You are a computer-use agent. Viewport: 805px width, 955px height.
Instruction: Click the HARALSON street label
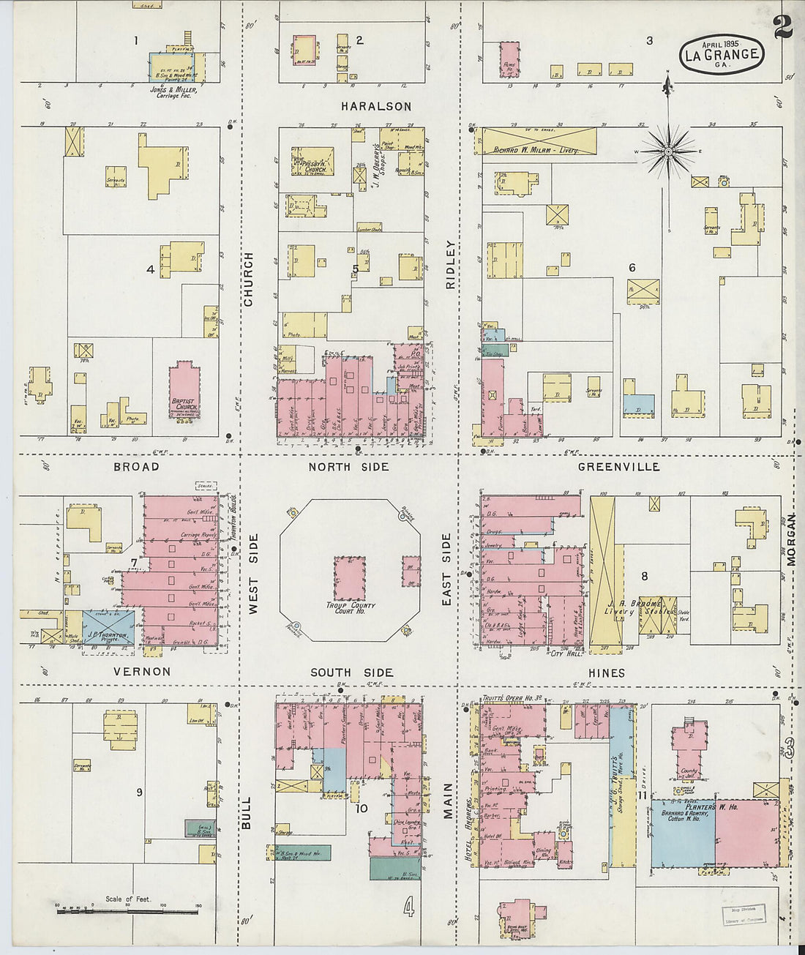click(376, 107)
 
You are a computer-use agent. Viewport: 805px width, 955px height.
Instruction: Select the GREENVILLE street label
click(618, 467)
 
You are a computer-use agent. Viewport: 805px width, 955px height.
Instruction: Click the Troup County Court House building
click(350, 578)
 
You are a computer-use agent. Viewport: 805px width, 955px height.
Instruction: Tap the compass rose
click(668, 151)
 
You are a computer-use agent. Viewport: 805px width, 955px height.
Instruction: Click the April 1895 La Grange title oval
click(722, 53)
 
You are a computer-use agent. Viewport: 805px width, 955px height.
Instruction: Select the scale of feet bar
click(129, 907)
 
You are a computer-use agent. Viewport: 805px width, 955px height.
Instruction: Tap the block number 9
click(139, 793)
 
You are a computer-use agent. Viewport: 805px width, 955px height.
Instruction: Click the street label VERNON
click(142, 672)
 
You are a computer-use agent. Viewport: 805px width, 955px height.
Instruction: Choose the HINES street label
click(607, 673)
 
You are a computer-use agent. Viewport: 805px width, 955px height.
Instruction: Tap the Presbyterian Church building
click(313, 161)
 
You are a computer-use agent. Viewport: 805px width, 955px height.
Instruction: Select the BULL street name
click(246, 813)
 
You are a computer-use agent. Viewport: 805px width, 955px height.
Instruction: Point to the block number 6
click(632, 268)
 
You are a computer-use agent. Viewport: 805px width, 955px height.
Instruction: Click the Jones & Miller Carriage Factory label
click(171, 92)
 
